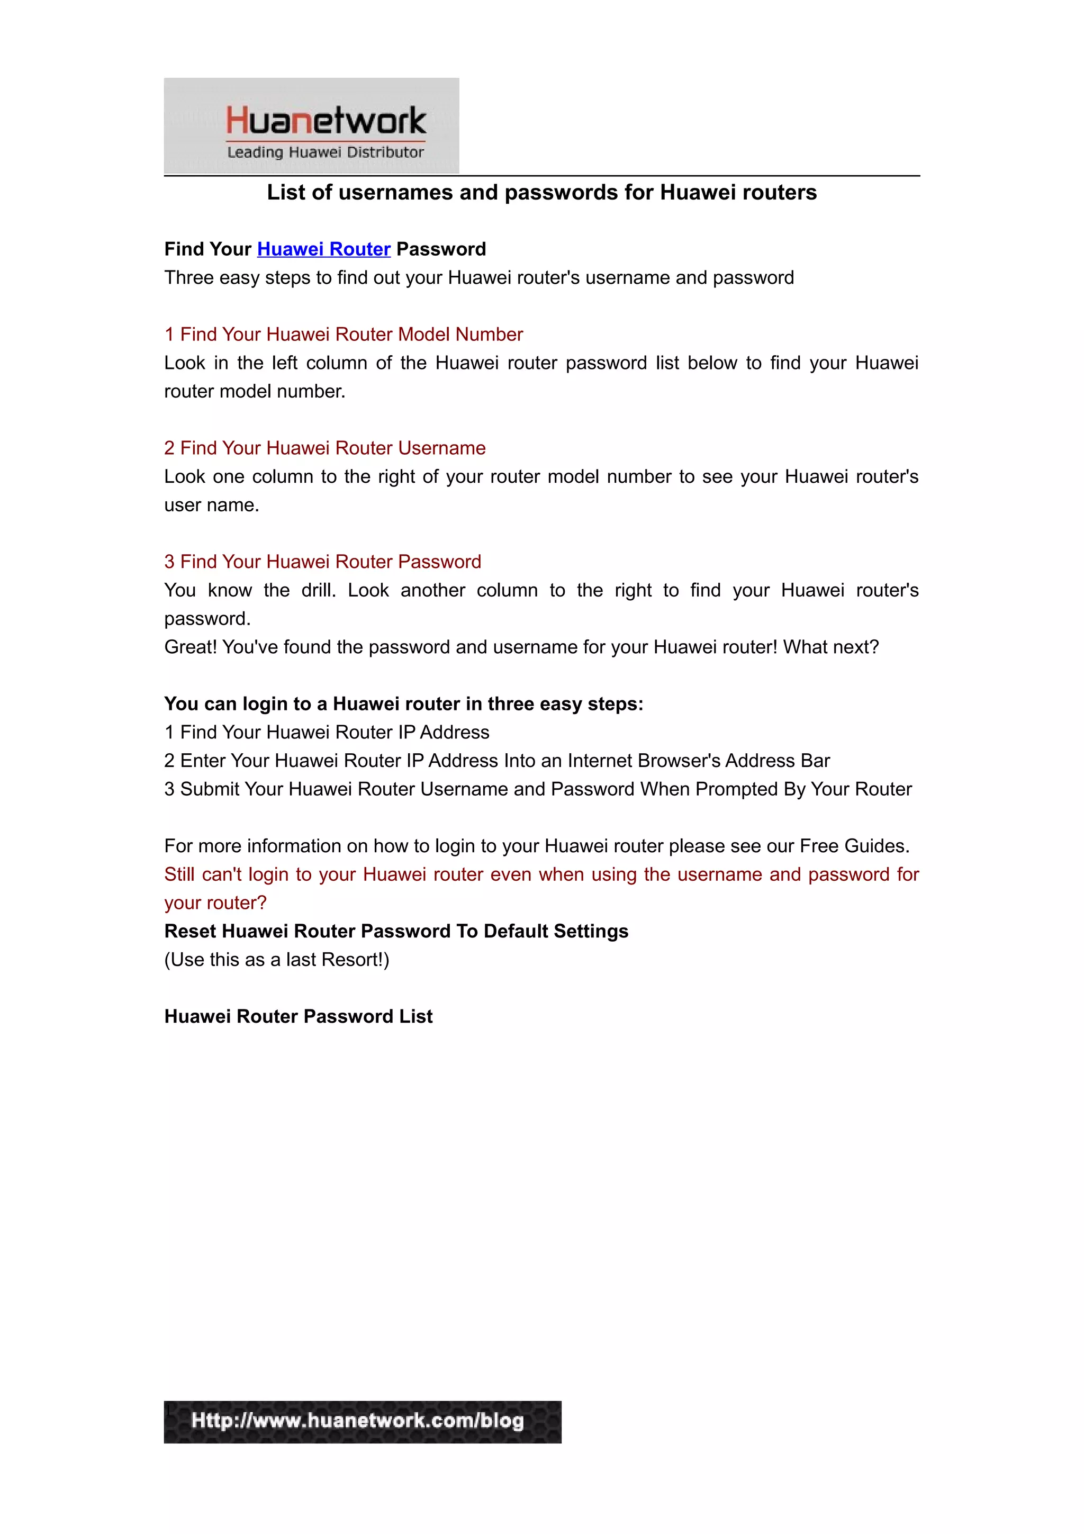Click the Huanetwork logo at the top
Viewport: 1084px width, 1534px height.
pyautogui.click(x=311, y=125)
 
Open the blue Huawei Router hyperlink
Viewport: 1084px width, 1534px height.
pyautogui.click(x=323, y=249)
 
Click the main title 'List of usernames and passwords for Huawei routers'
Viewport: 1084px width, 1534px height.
pyautogui.click(x=541, y=193)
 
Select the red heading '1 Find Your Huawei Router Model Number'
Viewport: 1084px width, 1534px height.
pyautogui.click(x=344, y=334)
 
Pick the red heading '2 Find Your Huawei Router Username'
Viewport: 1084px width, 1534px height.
pyautogui.click(x=324, y=448)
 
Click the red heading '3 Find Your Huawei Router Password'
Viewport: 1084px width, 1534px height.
pyautogui.click(x=322, y=561)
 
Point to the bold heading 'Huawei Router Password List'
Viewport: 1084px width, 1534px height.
pyautogui.click(x=298, y=1016)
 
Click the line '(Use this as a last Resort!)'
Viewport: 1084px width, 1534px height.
pyautogui.click(x=276, y=960)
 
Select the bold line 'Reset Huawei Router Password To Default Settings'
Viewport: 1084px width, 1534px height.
pyautogui.click(x=396, y=931)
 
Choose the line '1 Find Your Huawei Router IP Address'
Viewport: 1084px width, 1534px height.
pyautogui.click(x=327, y=732)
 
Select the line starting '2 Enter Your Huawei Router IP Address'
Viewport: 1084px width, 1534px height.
pyautogui.click(x=497, y=760)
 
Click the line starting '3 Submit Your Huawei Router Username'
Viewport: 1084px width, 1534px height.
pyautogui.click(x=538, y=789)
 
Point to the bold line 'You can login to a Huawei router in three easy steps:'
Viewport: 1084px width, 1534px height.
pyautogui.click(x=403, y=703)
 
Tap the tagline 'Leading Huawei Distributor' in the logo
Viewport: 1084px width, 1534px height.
pyautogui.click(x=326, y=152)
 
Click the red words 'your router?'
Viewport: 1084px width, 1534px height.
pyautogui.click(x=215, y=903)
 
